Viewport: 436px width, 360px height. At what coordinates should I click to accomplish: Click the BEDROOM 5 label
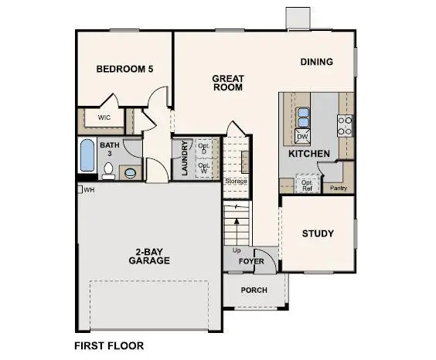(124, 70)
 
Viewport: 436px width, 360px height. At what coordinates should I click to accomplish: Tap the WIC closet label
(104, 117)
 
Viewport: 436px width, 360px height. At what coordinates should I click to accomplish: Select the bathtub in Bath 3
(87, 158)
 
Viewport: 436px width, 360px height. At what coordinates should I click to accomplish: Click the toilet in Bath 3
(131, 172)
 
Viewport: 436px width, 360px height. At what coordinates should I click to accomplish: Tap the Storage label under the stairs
(236, 181)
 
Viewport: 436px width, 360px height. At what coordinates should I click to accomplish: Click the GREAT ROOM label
(227, 83)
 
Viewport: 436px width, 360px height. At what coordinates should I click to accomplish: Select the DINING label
(317, 62)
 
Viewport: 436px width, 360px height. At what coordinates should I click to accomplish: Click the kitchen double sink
(303, 117)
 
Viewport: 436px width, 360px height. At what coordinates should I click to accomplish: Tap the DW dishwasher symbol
(303, 137)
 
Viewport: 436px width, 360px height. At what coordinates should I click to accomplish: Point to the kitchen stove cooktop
(345, 125)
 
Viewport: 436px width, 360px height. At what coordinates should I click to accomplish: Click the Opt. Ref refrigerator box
(307, 184)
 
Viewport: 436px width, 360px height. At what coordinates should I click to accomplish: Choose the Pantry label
(338, 188)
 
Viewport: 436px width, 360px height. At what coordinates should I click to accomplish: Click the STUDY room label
(318, 233)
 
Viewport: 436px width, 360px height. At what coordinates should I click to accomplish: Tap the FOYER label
(251, 261)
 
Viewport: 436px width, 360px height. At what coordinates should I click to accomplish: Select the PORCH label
(254, 290)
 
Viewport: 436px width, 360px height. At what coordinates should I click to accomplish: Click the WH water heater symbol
(80, 189)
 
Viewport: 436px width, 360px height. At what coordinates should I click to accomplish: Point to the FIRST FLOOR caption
(109, 345)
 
